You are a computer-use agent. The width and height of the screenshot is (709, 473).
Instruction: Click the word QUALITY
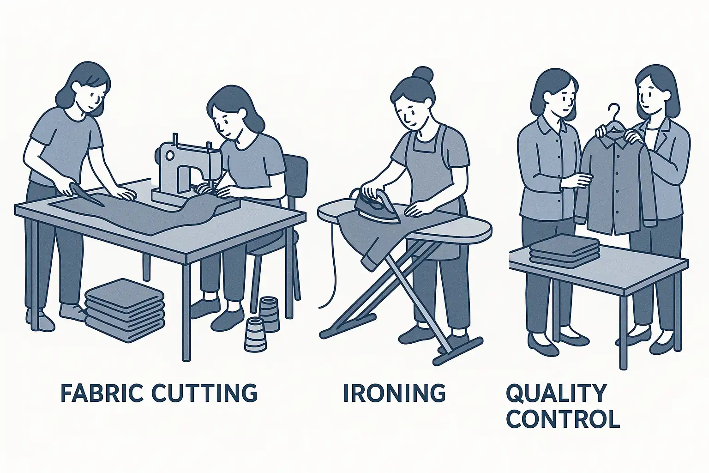click(556, 394)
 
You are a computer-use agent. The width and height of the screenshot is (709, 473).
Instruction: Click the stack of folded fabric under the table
click(125, 310)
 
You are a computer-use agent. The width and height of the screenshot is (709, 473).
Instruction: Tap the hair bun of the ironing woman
click(423, 74)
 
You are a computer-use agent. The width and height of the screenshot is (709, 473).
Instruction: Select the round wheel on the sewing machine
click(169, 155)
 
